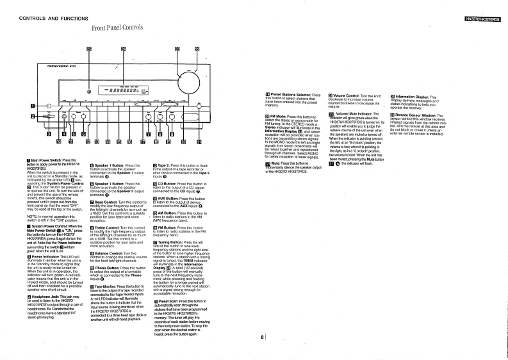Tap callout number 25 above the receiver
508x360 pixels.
[x=89, y=49]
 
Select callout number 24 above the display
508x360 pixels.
[x=124, y=49]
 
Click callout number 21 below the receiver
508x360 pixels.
[x=198, y=142]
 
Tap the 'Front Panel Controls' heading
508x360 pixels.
[x=117, y=28]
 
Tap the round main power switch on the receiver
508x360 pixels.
[x=49, y=106]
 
